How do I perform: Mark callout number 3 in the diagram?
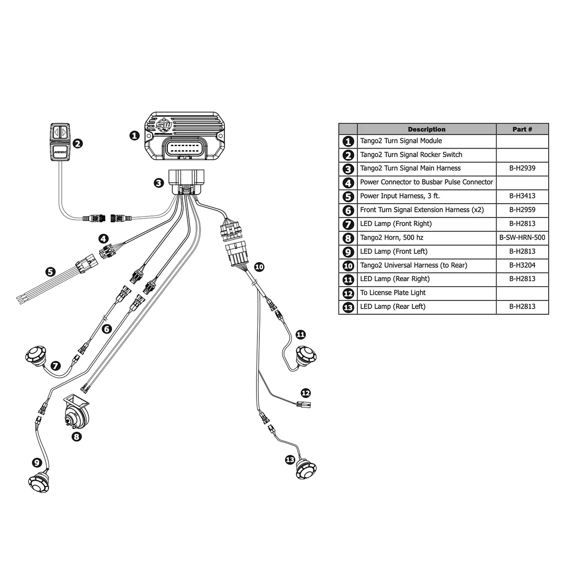point(159,183)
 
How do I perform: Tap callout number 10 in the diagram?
point(259,267)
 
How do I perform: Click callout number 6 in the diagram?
point(107,328)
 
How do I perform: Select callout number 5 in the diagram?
point(50,272)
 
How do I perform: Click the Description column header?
point(426,129)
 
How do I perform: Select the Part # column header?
point(522,129)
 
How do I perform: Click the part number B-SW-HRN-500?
point(522,238)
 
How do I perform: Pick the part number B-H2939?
point(522,168)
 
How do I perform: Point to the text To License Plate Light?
point(392,293)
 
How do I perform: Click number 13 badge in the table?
point(348,307)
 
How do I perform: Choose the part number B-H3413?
point(522,196)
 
